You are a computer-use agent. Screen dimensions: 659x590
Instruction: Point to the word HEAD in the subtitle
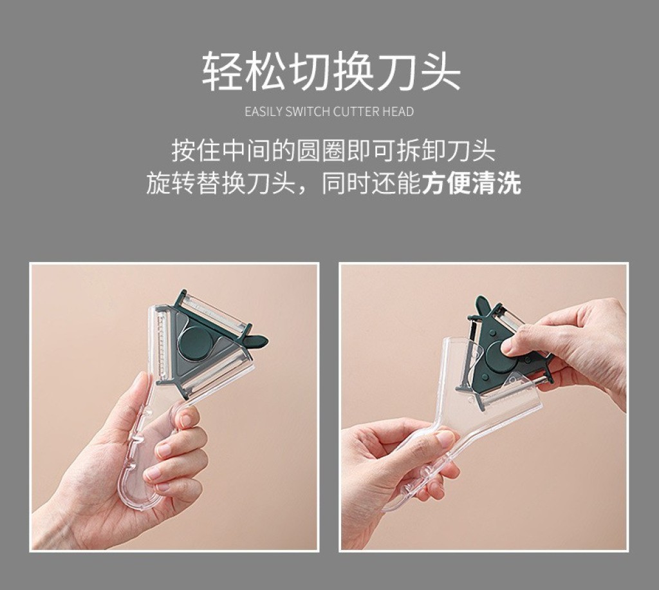pos(398,112)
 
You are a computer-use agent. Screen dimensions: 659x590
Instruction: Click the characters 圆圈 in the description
pos(321,150)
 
